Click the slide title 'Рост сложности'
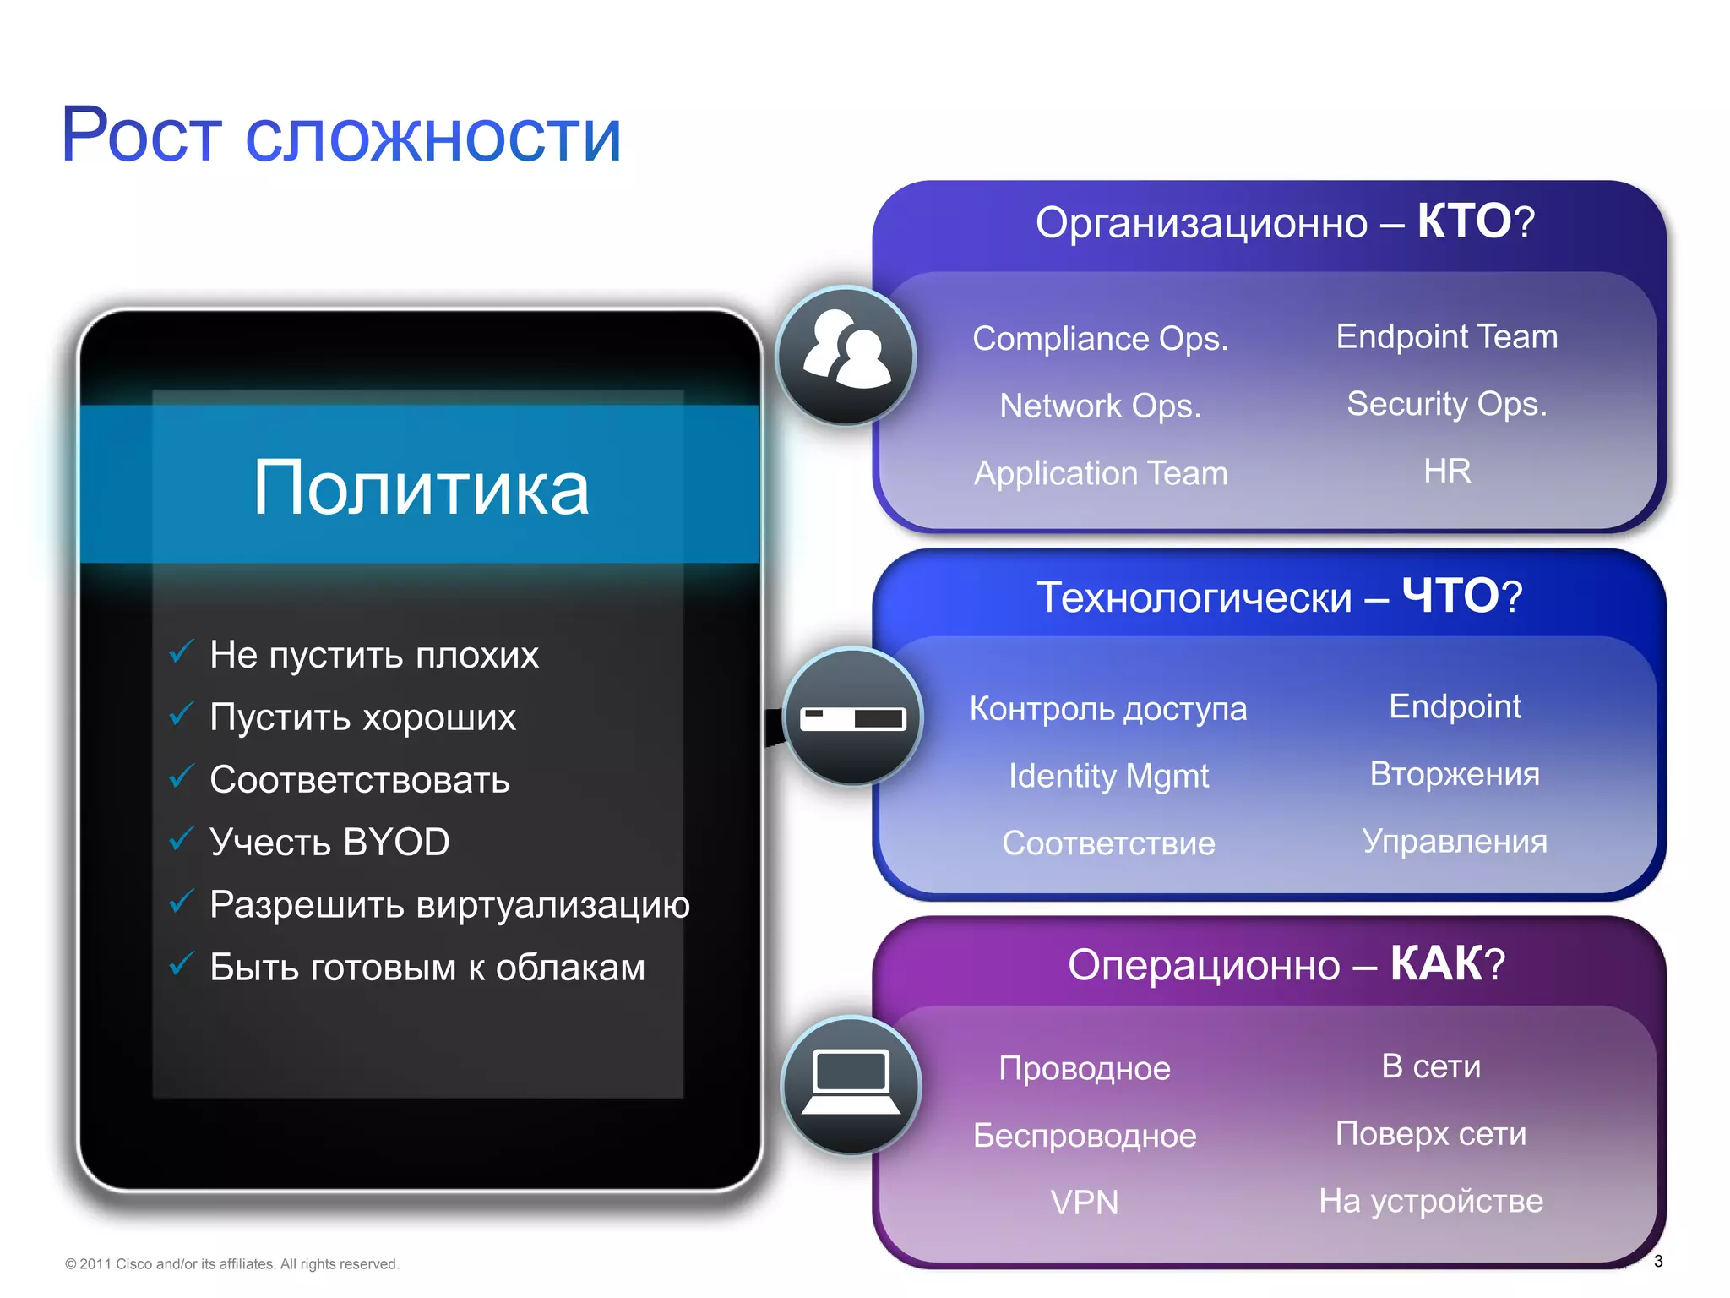341,135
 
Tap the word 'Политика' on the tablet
421,488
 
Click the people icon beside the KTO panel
846,356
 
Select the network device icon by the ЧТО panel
853,717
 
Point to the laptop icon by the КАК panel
851,1085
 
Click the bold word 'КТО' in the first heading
1464,221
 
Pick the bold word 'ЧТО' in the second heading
1450,596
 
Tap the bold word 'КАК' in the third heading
1436,963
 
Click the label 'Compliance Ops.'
1100,338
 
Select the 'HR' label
1446,471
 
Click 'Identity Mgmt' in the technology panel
1108,776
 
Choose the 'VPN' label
1085,1202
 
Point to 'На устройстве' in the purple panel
1431,1200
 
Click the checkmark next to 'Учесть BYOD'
182,839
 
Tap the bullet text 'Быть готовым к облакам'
427,967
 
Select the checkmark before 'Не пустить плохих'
182,652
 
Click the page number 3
1658,1261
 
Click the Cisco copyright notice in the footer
231,1263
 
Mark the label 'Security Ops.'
1446,404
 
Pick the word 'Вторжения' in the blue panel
1455,773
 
